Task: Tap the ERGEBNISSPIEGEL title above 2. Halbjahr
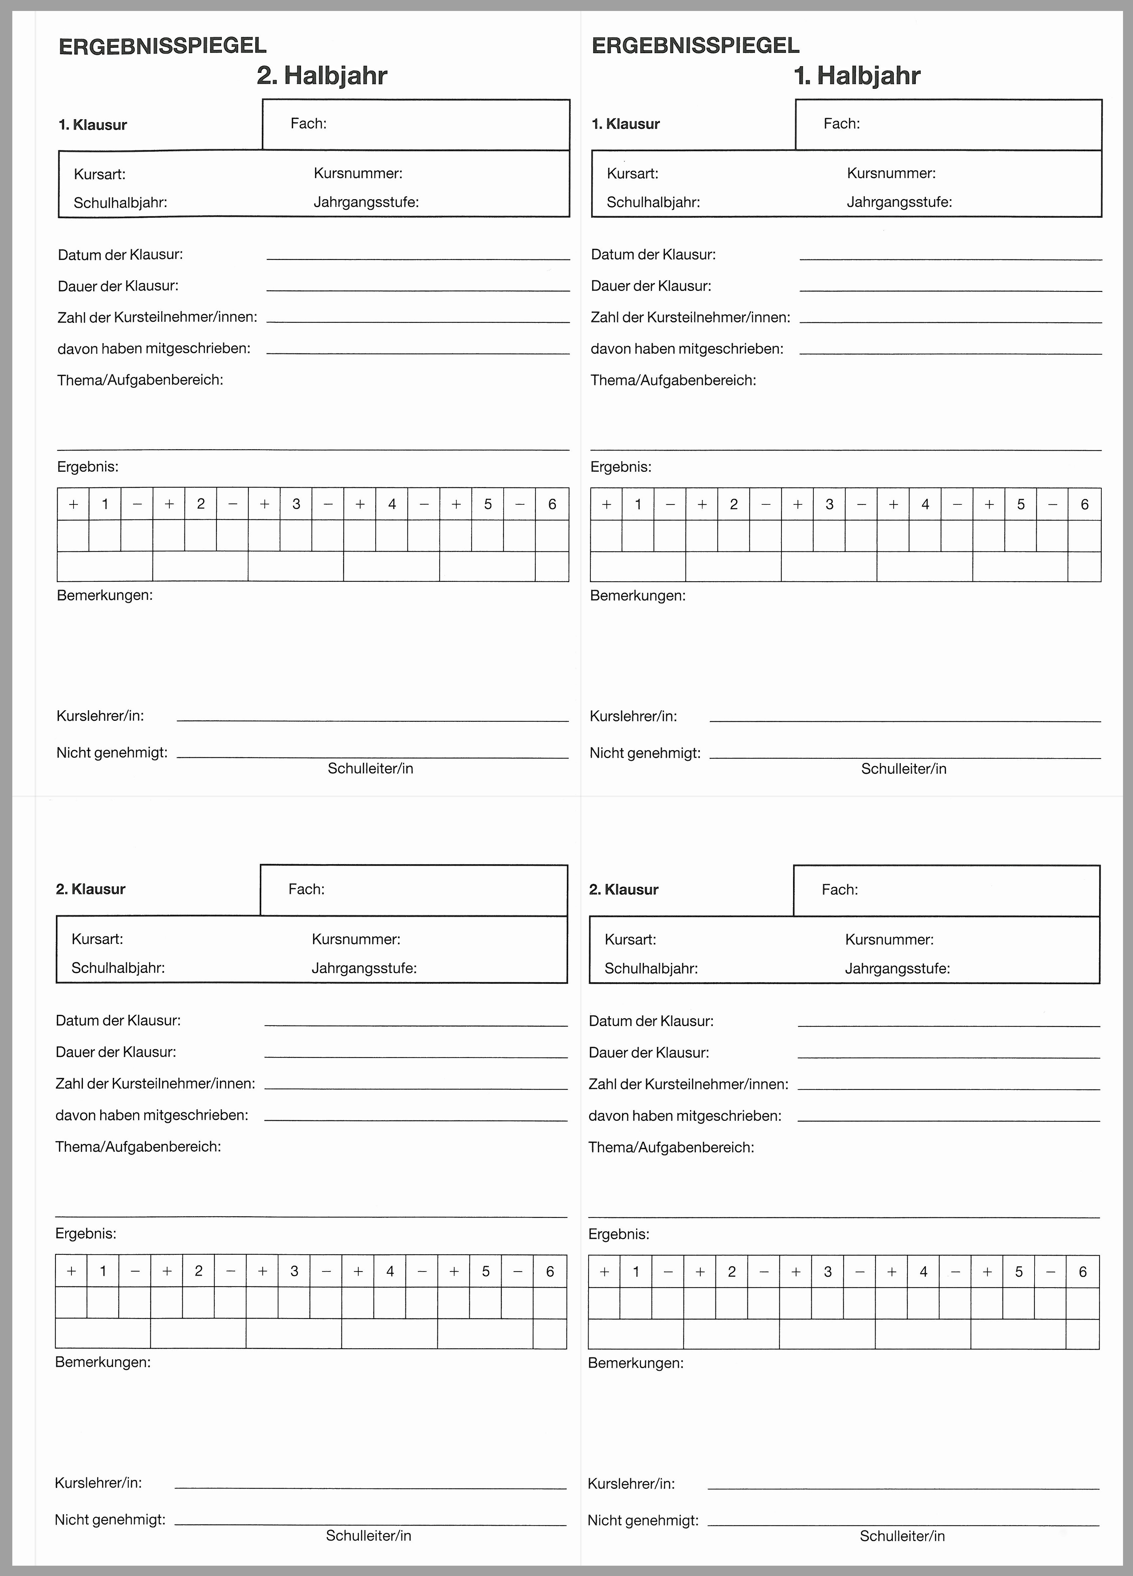pyautogui.click(x=163, y=46)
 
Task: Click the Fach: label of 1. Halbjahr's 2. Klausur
pyautogui.click(x=840, y=889)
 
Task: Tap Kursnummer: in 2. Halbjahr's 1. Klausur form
pyautogui.click(x=358, y=173)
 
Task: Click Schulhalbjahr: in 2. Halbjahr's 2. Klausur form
pyautogui.click(x=118, y=968)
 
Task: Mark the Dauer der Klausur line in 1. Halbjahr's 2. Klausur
pyautogui.click(x=949, y=1057)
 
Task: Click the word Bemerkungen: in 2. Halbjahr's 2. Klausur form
pyautogui.click(x=103, y=1362)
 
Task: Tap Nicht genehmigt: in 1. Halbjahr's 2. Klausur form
pyautogui.click(x=643, y=1520)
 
